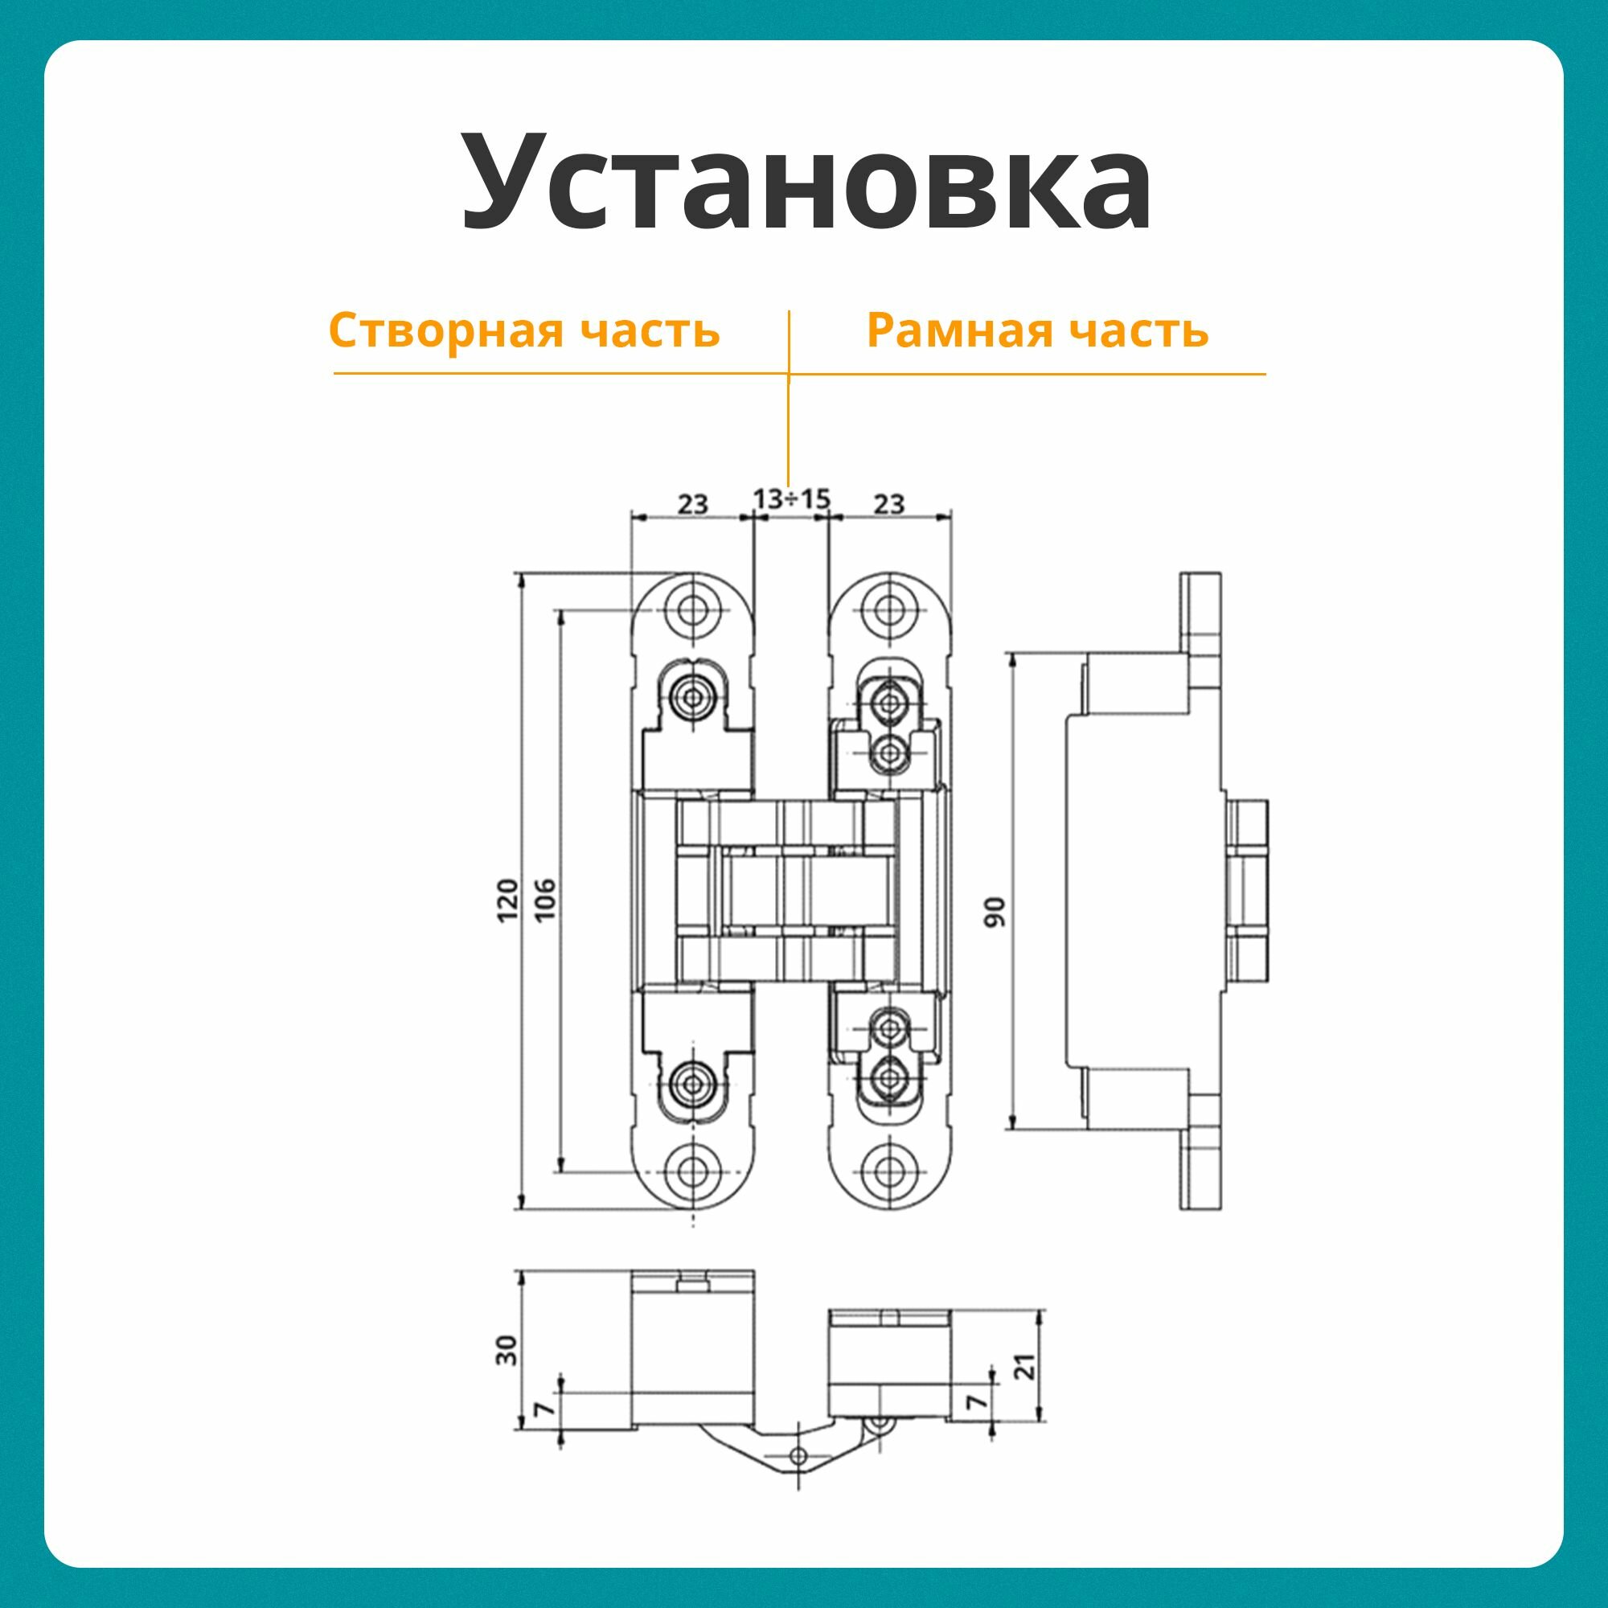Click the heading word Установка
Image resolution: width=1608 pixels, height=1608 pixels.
[x=806, y=182]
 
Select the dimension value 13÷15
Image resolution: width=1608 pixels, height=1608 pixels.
[x=791, y=498]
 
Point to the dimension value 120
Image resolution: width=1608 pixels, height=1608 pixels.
[x=507, y=899]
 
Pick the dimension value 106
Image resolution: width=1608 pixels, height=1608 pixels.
[x=544, y=899]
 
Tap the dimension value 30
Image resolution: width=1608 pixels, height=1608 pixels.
[x=506, y=1349]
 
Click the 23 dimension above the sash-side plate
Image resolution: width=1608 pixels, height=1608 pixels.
[x=692, y=503]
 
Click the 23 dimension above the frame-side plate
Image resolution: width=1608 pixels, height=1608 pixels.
[x=889, y=503]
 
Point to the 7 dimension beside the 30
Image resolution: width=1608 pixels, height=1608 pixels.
[x=545, y=1409]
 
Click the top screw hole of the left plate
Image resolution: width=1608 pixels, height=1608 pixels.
[x=692, y=610]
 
